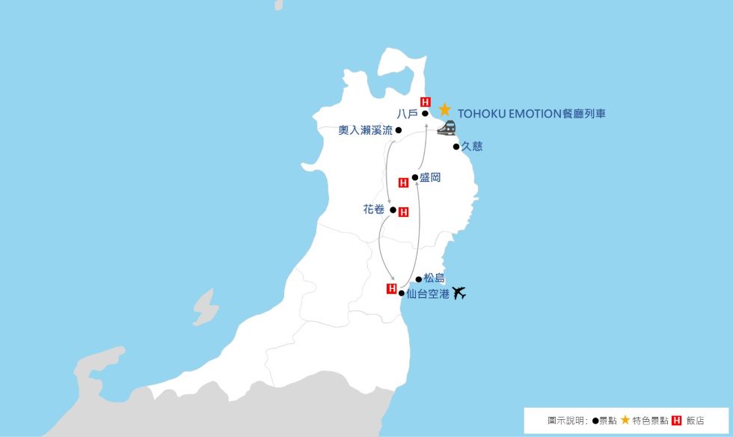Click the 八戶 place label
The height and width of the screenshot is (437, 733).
(408, 114)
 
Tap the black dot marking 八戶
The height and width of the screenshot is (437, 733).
(425, 114)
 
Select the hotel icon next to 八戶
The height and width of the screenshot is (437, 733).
(425, 102)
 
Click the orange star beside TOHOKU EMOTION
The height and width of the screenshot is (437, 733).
(444, 109)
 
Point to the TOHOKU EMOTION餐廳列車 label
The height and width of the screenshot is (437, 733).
(531, 114)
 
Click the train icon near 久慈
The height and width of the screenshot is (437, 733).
(447, 128)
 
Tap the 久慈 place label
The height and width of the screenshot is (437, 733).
(471, 147)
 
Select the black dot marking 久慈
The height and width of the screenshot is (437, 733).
(456, 147)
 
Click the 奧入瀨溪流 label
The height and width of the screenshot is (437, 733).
(365, 130)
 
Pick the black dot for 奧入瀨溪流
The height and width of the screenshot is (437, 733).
(399, 130)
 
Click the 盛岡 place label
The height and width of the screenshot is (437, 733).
(429, 177)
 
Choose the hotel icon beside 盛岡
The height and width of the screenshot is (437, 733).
(403, 182)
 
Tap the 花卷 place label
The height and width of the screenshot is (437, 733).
(373, 210)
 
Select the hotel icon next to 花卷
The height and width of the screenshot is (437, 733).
(404, 212)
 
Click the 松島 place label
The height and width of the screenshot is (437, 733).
(434, 278)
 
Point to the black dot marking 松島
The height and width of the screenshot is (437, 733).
(419, 279)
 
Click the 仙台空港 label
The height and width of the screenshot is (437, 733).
(428, 294)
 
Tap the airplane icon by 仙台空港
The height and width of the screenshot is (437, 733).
(459, 293)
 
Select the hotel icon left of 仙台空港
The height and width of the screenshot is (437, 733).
(390, 288)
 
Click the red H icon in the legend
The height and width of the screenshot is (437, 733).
(677, 421)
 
